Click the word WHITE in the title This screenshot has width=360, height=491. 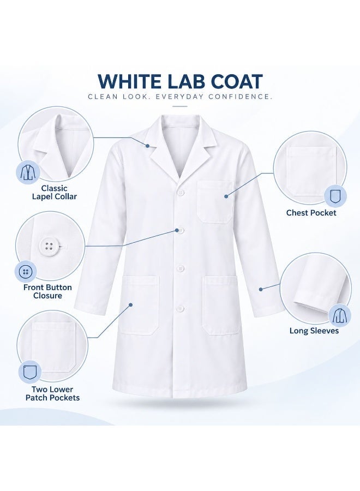click(131, 81)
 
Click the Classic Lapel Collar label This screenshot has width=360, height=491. click(55, 192)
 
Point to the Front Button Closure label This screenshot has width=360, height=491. click(47, 291)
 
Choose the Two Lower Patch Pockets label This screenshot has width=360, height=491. click(52, 393)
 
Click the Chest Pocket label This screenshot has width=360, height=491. click(311, 213)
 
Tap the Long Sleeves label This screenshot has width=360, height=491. click(314, 331)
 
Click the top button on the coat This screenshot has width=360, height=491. click(181, 193)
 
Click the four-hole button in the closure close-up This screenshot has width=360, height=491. click(49, 245)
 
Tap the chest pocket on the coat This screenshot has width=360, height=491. click(215, 202)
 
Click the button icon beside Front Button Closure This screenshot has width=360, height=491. click(26, 272)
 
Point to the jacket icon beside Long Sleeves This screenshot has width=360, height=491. click(340, 315)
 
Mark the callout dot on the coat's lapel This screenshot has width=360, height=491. click(147, 146)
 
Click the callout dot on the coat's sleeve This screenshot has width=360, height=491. click(261, 289)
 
